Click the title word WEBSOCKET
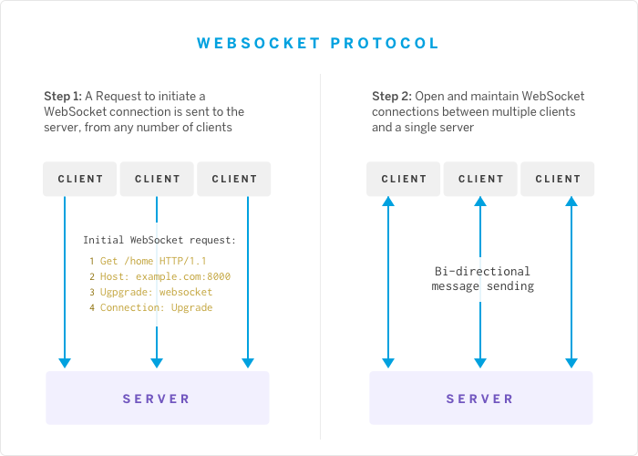tap(259, 43)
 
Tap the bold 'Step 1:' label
tap(63, 97)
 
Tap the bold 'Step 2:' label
tap(391, 97)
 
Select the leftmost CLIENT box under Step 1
tap(80, 179)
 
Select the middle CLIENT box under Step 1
tap(158, 179)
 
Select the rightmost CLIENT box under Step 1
tap(234, 179)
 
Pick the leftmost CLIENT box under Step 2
tap(404, 179)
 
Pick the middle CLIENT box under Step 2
tap(480, 179)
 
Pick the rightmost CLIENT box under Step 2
tap(558, 179)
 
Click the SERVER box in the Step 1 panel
tap(157, 399)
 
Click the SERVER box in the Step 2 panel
tap(480, 399)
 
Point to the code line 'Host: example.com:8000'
tap(165, 277)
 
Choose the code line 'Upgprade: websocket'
tap(156, 293)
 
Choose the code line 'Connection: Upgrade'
tap(156, 308)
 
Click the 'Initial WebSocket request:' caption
tap(159, 241)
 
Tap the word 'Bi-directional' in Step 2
tap(482, 272)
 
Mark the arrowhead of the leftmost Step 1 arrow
tap(64, 362)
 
